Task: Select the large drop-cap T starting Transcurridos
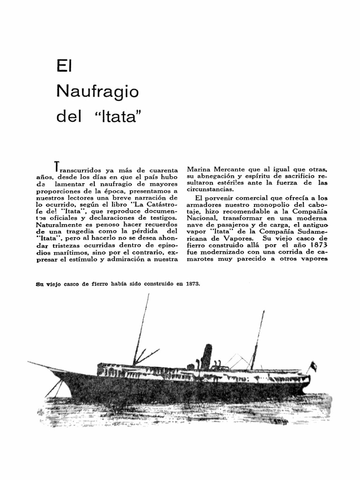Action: (57, 166)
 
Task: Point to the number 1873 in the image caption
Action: (193, 284)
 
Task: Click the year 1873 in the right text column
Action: (317, 245)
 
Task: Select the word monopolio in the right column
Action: (274, 205)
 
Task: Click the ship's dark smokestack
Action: (206, 356)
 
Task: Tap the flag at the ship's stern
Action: (313, 366)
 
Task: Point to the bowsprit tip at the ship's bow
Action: (29, 362)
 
